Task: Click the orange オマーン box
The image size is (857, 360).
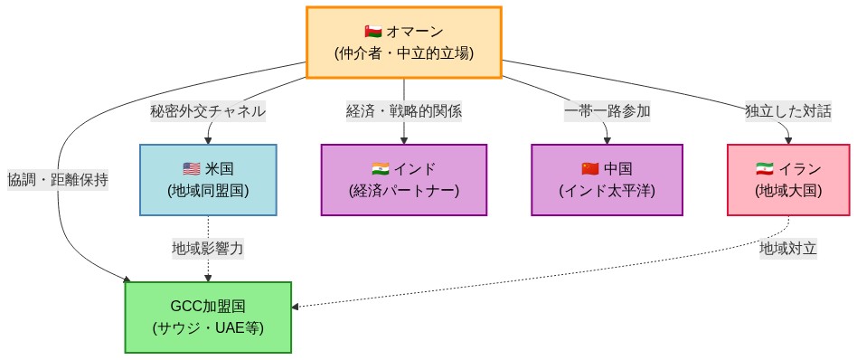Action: pyautogui.click(x=403, y=43)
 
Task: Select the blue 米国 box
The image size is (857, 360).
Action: pyautogui.click(x=208, y=180)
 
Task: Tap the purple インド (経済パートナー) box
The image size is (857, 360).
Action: pyautogui.click(x=403, y=180)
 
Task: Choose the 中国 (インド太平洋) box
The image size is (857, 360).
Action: pyautogui.click(x=606, y=180)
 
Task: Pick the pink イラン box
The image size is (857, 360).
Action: pyautogui.click(x=788, y=180)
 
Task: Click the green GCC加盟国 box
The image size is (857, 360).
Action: pyautogui.click(x=208, y=317)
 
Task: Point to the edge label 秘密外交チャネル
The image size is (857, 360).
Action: pyautogui.click(x=208, y=111)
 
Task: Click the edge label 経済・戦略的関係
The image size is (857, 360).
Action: pyautogui.click(x=403, y=111)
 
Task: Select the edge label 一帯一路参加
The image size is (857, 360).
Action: pyautogui.click(x=607, y=111)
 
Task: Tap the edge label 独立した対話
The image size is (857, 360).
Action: pyautogui.click(x=787, y=111)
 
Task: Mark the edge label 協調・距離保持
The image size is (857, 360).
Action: pyautogui.click(x=58, y=179)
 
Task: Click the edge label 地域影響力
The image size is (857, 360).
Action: pyautogui.click(x=208, y=247)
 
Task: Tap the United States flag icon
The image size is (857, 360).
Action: pyautogui.click(x=191, y=168)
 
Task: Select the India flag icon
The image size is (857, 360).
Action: pyautogui.click(x=381, y=168)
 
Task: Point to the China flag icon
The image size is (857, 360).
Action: pyautogui.click(x=590, y=168)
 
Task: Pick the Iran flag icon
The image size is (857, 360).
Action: pyautogui.click(x=765, y=168)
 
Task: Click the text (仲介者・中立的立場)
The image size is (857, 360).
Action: pyautogui.click(x=403, y=53)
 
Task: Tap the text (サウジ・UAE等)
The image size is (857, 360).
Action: pyautogui.click(x=208, y=327)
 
